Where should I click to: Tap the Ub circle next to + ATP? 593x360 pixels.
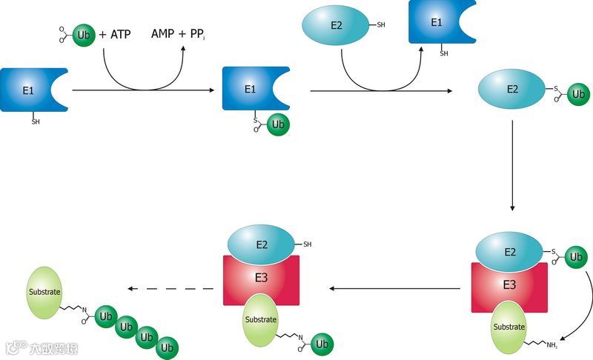click(84, 35)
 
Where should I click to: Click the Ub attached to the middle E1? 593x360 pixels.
click(278, 124)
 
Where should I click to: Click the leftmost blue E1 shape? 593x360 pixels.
click(30, 90)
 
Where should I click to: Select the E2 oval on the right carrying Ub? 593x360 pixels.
click(512, 88)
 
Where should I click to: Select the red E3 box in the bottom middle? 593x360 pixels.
click(262, 281)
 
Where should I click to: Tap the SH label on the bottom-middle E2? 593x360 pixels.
click(307, 244)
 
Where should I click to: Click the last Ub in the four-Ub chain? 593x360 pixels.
click(168, 346)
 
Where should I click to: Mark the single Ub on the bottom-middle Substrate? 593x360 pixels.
click(322, 344)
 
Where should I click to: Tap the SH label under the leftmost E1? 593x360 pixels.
click(36, 121)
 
